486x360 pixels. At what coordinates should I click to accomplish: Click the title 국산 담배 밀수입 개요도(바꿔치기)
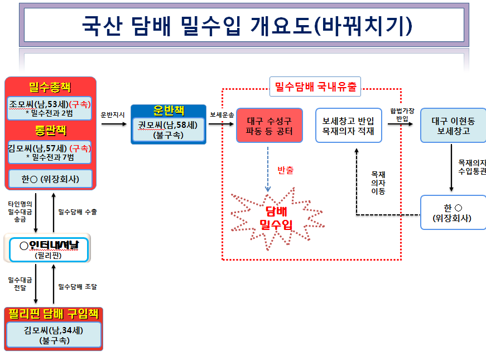(247, 26)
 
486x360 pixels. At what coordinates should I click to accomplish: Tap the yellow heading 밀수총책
(50, 87)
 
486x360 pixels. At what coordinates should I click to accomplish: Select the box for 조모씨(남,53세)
(50, 108)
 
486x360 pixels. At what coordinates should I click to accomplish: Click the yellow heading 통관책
(51, 130)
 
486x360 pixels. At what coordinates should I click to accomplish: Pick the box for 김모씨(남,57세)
(50, 152)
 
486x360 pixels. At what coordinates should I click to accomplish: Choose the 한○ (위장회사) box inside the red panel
(50, 179)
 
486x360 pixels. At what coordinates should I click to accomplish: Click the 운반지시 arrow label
(113, 115)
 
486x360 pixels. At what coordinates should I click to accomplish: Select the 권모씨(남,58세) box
(169, 129)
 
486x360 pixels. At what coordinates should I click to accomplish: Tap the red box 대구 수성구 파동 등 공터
(270, 126)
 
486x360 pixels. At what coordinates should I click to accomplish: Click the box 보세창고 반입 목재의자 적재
(348, 126)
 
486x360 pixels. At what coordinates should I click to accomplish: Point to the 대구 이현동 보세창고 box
(453, 126)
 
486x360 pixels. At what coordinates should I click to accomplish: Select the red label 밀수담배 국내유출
(315, 87)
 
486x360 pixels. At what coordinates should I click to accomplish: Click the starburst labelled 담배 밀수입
(277, 218)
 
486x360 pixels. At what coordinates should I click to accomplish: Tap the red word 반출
(285, 170)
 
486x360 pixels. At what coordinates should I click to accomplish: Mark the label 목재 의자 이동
(378, 183)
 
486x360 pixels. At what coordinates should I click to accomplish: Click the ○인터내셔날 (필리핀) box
(49, 249)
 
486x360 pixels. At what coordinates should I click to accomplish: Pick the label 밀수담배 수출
(78, 212)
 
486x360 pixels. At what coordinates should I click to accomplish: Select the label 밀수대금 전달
(20, 284)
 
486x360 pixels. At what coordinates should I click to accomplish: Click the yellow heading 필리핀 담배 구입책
(54, 314)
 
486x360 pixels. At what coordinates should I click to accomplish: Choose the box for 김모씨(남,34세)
(54, 335)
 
